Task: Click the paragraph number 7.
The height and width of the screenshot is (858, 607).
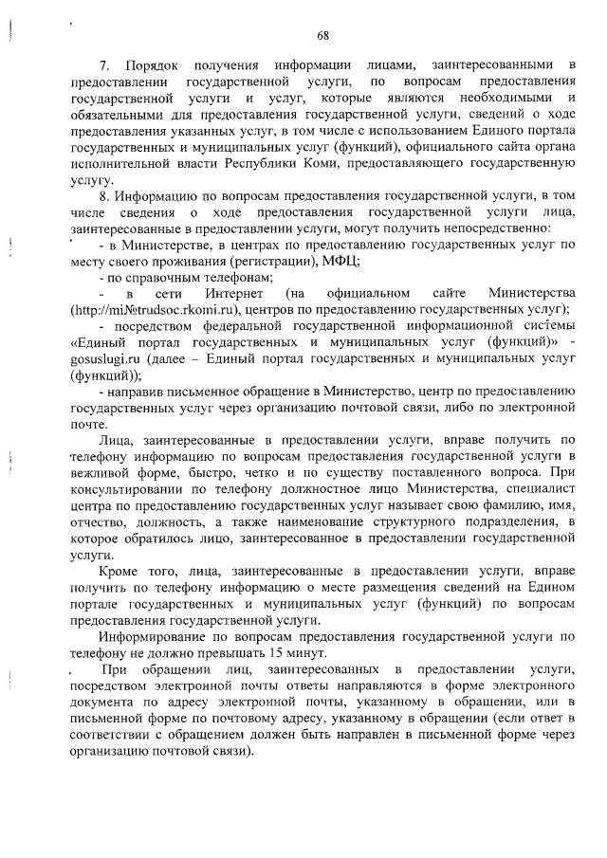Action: (104, 64)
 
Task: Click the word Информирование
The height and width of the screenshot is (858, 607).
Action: (159, 637)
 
